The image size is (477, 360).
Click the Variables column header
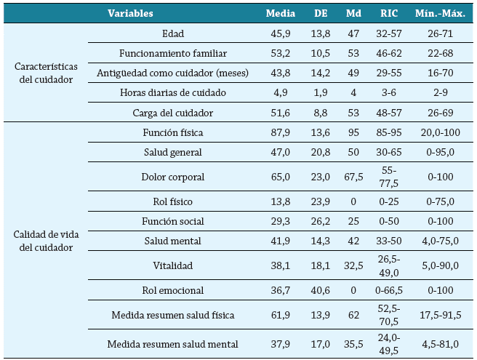131,13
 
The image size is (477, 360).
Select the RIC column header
388,13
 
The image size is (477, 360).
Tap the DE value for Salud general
321,152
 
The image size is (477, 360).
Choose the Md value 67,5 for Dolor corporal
354,177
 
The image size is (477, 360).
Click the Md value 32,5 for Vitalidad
354,265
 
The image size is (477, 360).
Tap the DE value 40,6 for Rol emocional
321,290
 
